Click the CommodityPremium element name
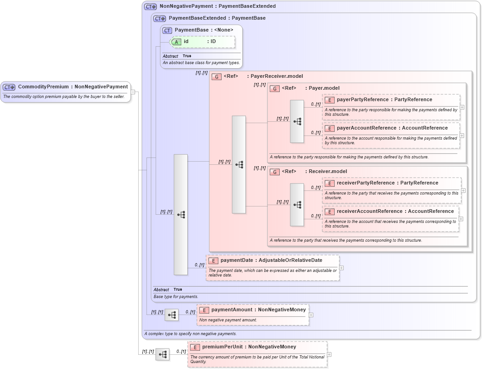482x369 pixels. click(x=43, y=87)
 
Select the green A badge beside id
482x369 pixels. click(x=177, y=42)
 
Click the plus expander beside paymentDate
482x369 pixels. click(x=341, y=268)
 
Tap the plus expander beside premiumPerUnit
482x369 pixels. click(x=329, y=354)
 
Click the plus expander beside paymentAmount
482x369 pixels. click(x=311, y=315)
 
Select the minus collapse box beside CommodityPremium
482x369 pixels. click(x=133, y=92)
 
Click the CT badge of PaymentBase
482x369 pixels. click(x=167, y=30)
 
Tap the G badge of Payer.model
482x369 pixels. click(x=275, y=88)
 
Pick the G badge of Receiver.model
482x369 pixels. click(x=275, y=172)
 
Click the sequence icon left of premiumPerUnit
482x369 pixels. click(x=162, y=354)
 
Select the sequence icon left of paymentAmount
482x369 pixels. click(x=172, y=315)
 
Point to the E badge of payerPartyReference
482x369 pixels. click(x=329, y=100)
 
